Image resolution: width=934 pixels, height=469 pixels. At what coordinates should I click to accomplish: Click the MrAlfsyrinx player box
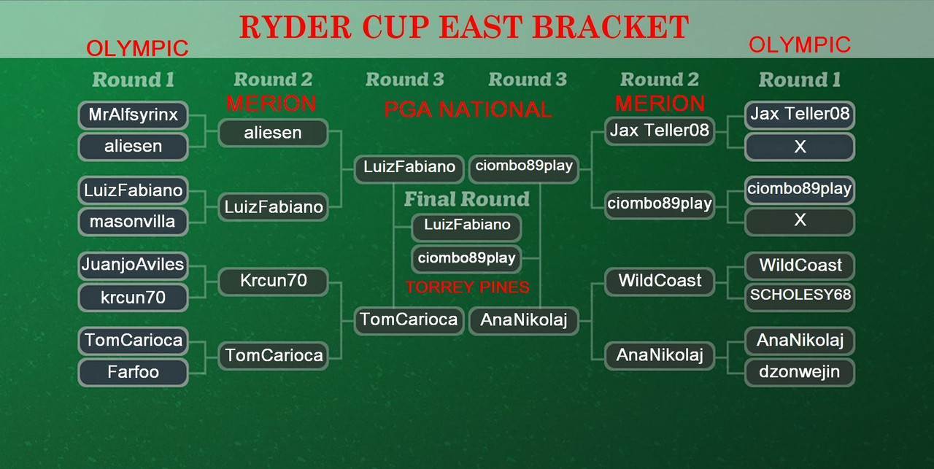pyautogui.click(x=133, y=115)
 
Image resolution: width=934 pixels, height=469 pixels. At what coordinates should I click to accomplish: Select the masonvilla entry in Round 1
pyautogui.click(x=133, y=221)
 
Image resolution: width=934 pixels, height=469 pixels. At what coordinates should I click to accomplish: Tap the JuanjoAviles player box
pyautogui.click(x=133, y=265)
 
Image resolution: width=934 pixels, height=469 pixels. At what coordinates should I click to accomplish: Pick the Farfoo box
pyautogui.click(x=133, y=372)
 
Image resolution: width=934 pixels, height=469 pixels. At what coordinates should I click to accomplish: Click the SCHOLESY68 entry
pyautogui.click(x=800, y=296)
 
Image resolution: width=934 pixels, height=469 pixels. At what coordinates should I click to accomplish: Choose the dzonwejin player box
pyautogui.click(x=800, y=372)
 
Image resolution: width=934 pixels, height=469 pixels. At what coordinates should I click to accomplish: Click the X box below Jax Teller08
pyautogui.click(x=800, y=147)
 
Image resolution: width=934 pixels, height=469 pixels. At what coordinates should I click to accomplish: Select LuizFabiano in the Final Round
pyautogui.click(x=467, y=225)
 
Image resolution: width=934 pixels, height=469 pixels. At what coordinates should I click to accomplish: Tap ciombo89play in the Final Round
pyautogui.click(x=467, y=258)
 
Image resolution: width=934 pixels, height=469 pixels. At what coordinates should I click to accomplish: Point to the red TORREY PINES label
pyautogui.click(x=467, y=287)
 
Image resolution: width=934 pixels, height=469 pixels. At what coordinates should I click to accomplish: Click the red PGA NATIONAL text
pyautogui.click(x=468, y=110)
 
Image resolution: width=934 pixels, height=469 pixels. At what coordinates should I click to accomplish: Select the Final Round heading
pyautogui.click(x=467, y=199)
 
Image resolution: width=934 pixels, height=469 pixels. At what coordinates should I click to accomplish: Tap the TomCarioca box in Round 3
pyautogui.click(x=409, y=319)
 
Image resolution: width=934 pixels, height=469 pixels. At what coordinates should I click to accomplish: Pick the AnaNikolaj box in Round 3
pyautogui.click(x=524, y=319)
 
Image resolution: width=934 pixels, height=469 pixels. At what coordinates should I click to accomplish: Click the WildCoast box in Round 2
pyautogui.click(x=660, y=281)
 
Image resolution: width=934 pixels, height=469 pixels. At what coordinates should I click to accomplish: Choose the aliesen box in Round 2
pyautogui.click(x=273, y=133)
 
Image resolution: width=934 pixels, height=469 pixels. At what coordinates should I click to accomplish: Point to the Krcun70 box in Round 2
pyautogui.click(x=273, y=281)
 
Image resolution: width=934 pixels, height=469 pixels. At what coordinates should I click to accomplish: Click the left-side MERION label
pyautogui.click(x=271, y=104)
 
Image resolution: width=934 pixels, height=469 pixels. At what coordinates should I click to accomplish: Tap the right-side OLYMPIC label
pyautogui.click(x=800, y=45)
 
